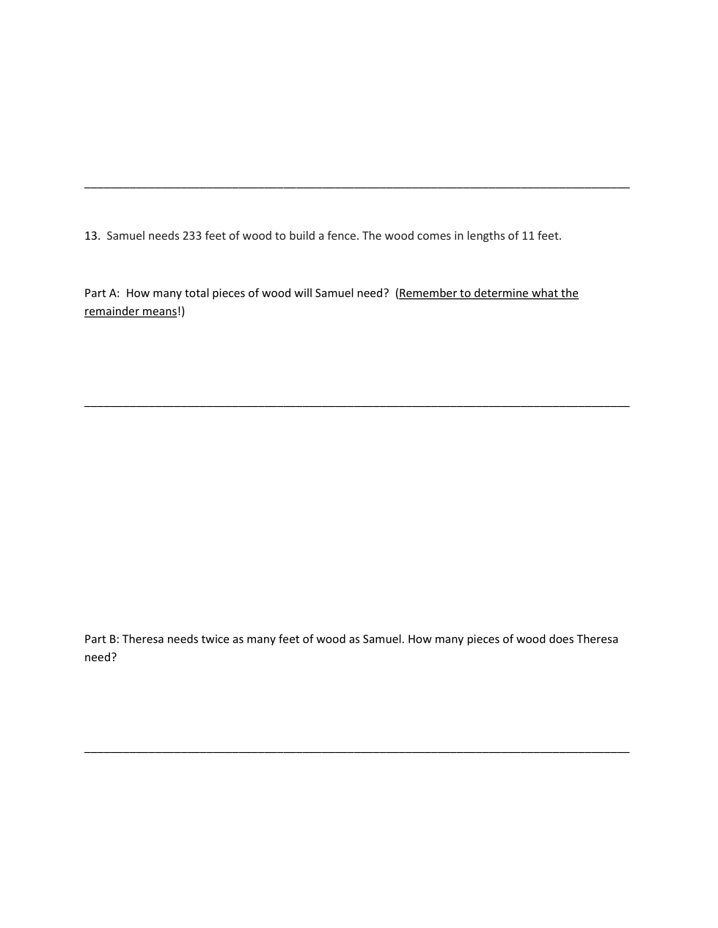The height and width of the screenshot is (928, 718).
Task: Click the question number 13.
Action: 92,236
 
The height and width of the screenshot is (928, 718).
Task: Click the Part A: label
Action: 102,293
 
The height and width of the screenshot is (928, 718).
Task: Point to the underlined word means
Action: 161,312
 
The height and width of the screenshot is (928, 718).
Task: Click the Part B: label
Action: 101,639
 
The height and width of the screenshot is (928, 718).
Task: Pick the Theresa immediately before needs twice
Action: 143,639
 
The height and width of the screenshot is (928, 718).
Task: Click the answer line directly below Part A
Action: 357,405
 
